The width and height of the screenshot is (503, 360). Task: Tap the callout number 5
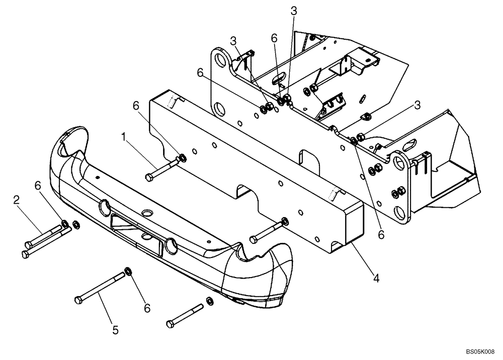[x=115, y=330]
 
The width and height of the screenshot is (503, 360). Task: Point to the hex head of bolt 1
[x=148, y=177]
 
